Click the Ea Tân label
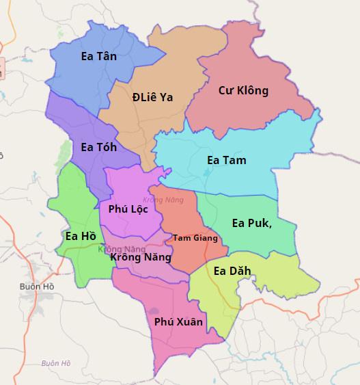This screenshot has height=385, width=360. pyautogui.click(x=98, y=57)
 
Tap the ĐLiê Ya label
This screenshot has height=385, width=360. pyautogui.click(x=152, y=97)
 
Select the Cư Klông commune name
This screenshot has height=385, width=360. pyautogui.click(x=243, y=90)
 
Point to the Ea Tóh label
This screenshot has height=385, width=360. pyautogui.click(x=98, y=147)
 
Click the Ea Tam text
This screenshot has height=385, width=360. pyautogui.click(x=226, y=160)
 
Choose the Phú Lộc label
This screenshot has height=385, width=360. pyautogui.click(x=128, y=209)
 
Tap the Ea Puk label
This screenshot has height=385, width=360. pyautogui.click(x=251, y=222)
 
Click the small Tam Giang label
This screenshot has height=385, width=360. pyautogui.click(x=195, y=238)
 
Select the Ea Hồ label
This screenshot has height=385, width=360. pyautogui.click(x=79, y=237)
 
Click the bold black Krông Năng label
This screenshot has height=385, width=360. pyautogui.click(x=140, y=258)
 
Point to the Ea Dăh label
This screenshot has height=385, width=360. pyautogui.click(x=232, y=271)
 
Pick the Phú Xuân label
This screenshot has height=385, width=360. pyautogui.click(x=178, y=321)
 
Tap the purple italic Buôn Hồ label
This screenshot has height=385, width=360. pyautogui.click(x=55, y=363)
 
